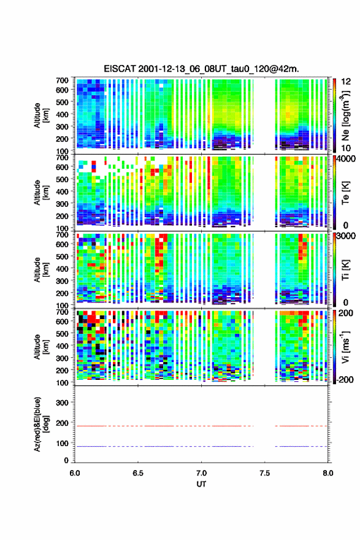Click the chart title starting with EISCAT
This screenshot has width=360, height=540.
tap(201, 69)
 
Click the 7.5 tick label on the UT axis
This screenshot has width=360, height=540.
tap(265, 473)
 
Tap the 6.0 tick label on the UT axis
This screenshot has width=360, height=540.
tap(75, 473)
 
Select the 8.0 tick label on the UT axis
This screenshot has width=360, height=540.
tap(328, 473)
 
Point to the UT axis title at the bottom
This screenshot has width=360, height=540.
tap(201, 484)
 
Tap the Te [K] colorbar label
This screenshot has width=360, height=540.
tap(345, 193)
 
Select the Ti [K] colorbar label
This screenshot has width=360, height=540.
tap(345, 269)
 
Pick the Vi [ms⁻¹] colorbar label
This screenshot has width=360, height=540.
tap(345, 347)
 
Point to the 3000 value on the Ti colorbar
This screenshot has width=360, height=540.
tap(347, 236)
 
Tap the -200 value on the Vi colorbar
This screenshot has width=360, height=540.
tap(345, 379)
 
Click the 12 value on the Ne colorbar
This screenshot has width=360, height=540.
tap(347, 82)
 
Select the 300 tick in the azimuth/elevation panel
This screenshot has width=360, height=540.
tap(63, 403)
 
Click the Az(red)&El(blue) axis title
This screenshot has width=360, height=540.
tap(41, 424)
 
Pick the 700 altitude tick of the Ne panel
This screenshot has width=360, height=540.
tap(63, 80)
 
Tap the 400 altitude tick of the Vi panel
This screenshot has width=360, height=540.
tap(63, 345)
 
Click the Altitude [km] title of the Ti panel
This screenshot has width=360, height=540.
tap(41, 269)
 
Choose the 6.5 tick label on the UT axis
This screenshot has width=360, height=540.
tap(138, 473)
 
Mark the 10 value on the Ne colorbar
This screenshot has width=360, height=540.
tap(347, 148)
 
